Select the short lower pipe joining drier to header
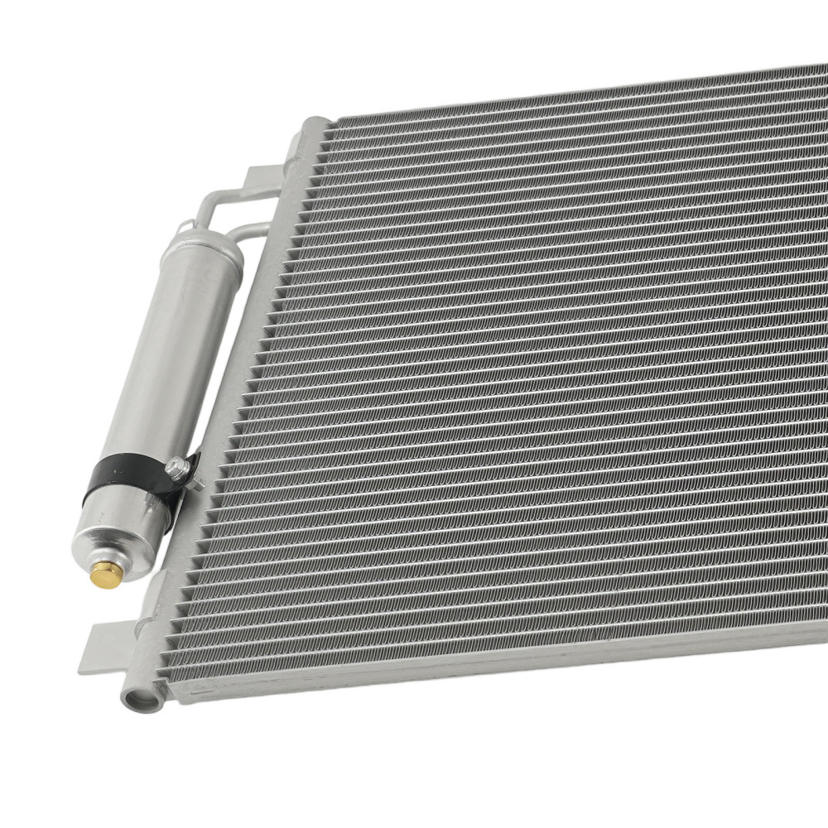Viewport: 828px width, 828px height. tap(248, 232)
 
